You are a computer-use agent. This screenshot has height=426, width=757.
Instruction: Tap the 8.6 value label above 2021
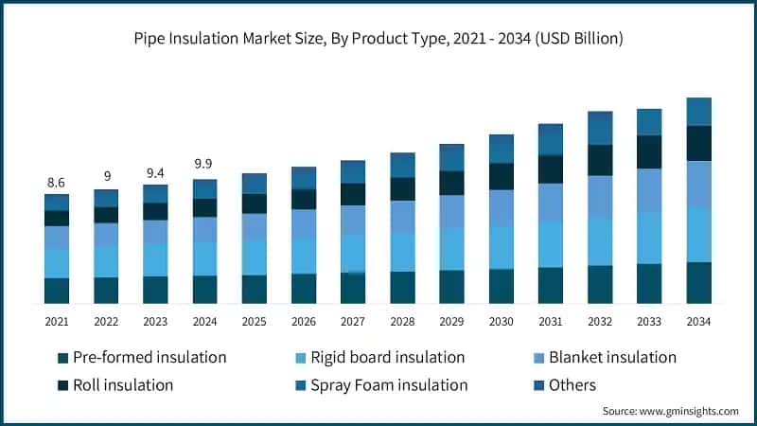[57, 182]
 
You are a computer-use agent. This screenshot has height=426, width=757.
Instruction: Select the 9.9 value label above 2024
[204, 164]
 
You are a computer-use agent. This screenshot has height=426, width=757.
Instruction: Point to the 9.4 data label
[155, 172]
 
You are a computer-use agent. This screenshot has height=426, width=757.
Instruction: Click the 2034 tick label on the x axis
[698, 322]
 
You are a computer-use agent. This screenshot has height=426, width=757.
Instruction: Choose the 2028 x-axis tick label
[402, 322]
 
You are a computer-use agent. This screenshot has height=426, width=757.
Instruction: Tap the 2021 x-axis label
[57, 322]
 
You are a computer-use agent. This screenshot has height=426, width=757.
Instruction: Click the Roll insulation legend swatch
[63, 385]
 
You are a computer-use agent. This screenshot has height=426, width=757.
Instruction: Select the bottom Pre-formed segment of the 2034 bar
[698, 282]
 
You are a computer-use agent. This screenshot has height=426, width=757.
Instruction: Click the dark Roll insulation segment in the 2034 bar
[698, 143]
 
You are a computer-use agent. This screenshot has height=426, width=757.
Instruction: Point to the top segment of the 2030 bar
[502, 149]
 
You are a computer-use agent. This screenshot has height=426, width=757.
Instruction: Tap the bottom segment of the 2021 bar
[57, 291]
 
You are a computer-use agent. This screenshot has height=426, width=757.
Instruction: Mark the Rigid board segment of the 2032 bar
[600, 241]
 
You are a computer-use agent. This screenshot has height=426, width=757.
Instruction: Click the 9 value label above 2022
[106, 176]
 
